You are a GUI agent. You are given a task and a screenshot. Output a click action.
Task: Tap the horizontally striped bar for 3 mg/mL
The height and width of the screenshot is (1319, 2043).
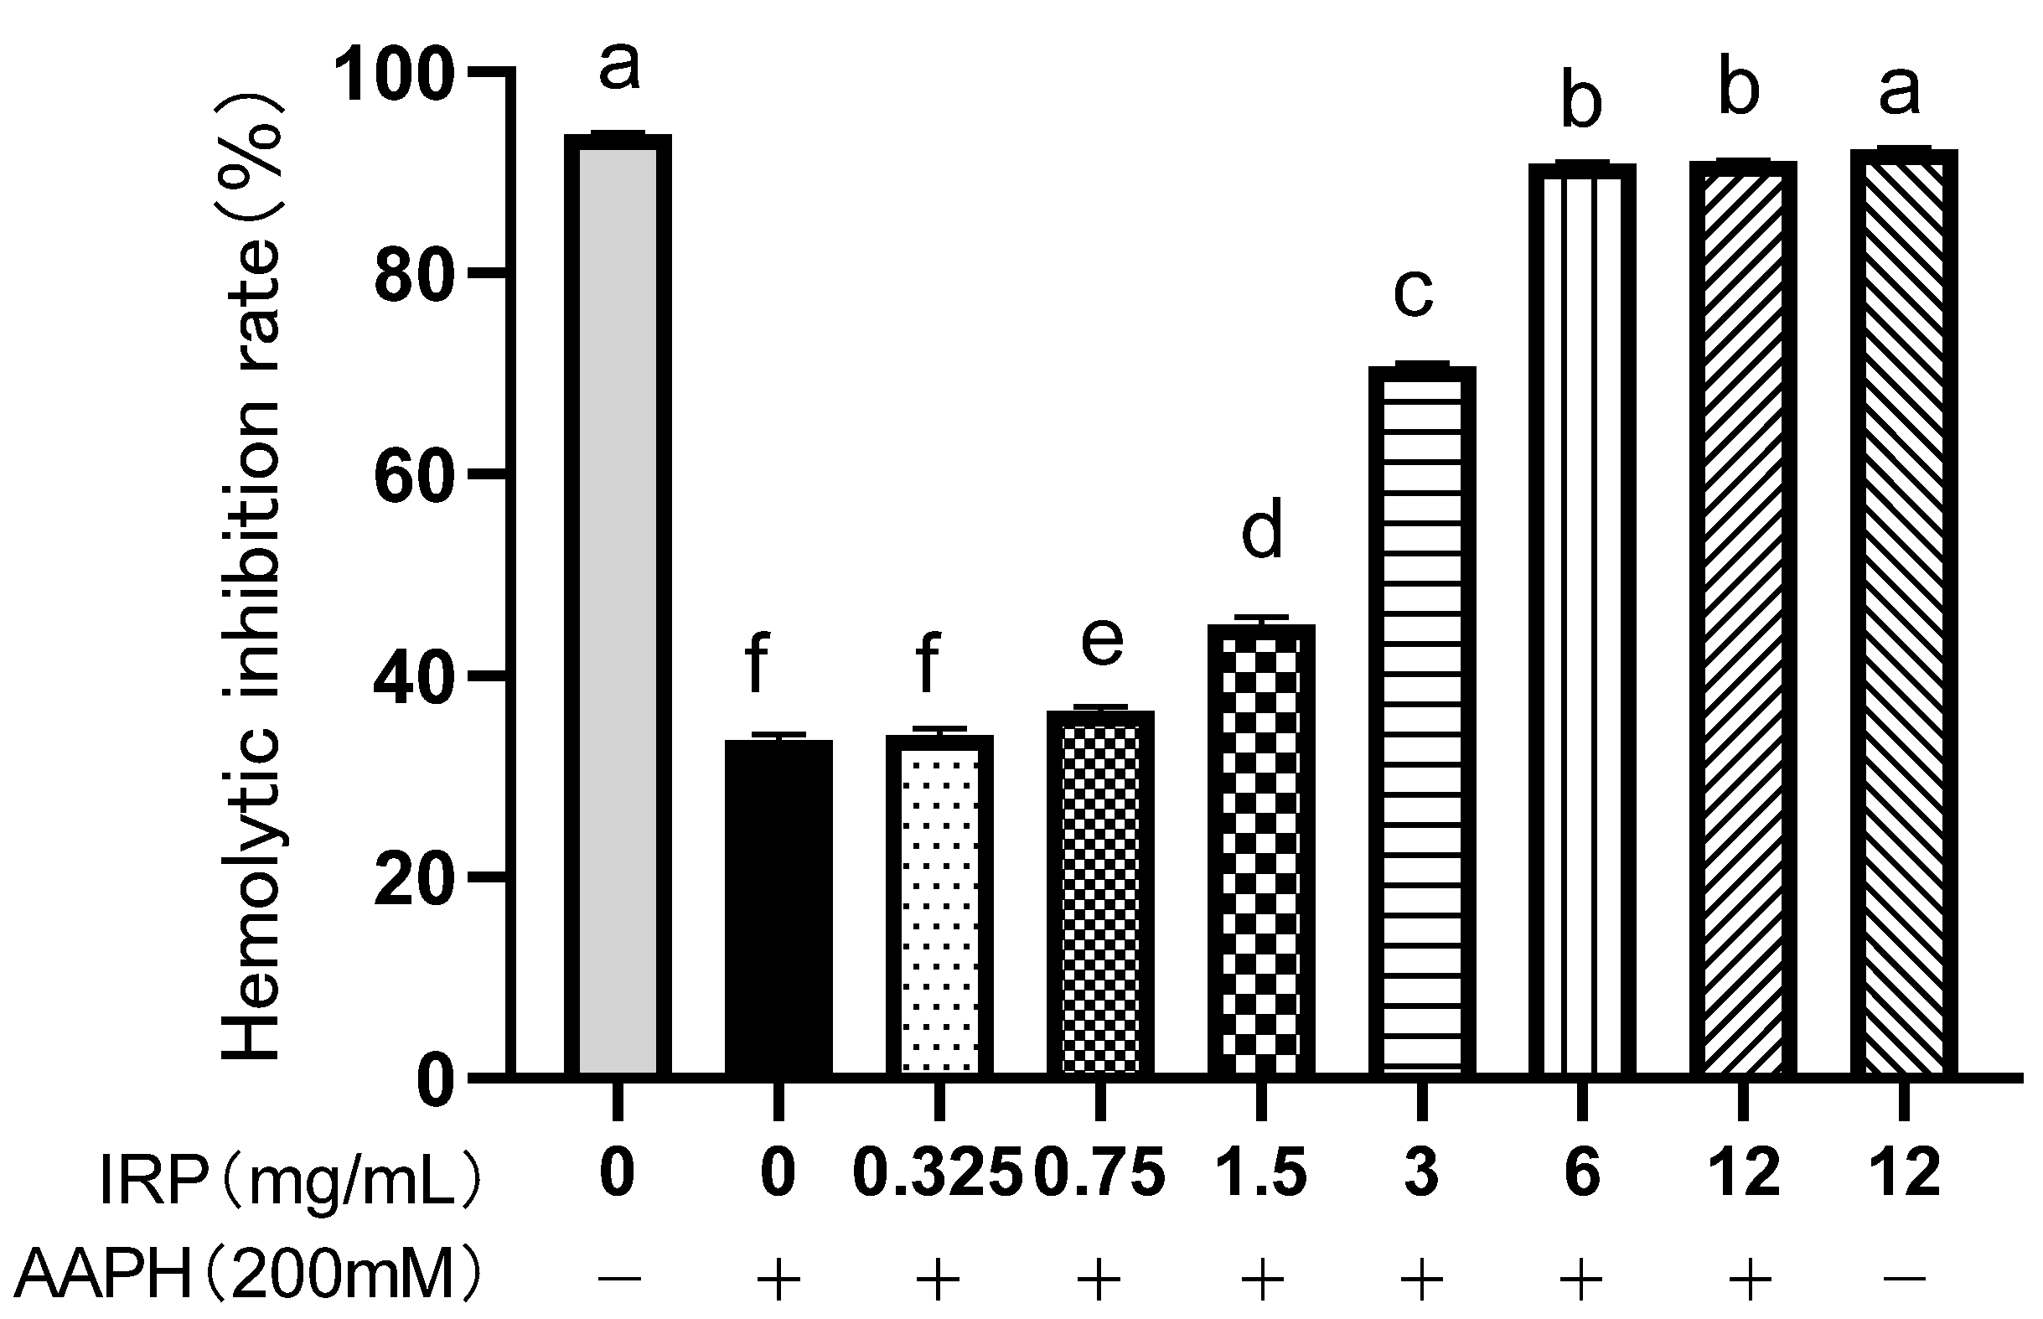click(1421, 720)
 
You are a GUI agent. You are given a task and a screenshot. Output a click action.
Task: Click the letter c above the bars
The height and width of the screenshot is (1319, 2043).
click(1413, 292)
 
